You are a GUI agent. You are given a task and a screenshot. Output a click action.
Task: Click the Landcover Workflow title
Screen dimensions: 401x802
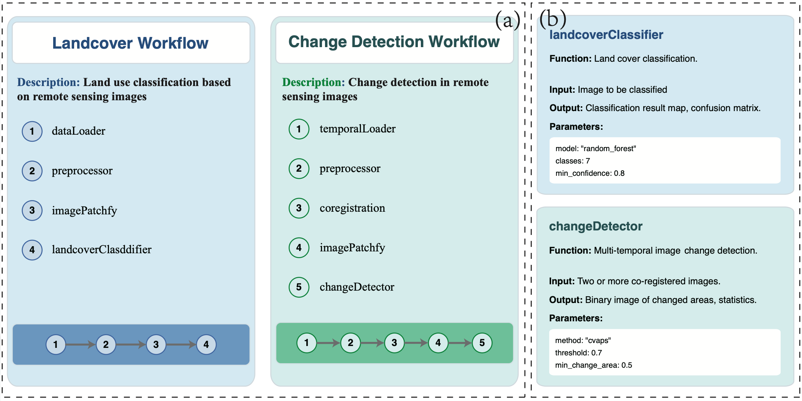point(130,43)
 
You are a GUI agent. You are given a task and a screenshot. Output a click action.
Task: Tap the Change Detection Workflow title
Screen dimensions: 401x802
point(394,42)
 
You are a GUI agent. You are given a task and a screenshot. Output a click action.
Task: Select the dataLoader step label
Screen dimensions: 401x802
point(78,131)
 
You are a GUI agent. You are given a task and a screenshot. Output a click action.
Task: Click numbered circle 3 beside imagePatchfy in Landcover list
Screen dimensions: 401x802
point(32,210)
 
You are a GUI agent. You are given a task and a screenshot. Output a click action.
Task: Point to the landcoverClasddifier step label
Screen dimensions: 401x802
point(101,250)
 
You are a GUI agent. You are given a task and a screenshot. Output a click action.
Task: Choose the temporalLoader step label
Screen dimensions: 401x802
point(357,129)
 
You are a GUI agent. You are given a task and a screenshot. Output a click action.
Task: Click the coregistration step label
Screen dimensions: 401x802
point(352,208)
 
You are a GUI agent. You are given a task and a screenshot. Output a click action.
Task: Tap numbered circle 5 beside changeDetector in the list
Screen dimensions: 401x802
point(299,287)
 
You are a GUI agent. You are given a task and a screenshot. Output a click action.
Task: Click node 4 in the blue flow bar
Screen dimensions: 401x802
point(206,345)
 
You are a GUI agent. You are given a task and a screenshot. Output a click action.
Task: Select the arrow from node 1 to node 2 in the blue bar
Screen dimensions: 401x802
point(80,345)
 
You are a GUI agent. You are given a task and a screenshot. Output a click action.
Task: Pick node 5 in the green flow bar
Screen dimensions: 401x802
point(482,343)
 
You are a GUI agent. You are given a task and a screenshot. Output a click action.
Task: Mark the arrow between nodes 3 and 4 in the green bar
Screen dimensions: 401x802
point(416,343)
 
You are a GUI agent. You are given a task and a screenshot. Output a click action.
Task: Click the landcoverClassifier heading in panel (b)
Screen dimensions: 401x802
point(606,35)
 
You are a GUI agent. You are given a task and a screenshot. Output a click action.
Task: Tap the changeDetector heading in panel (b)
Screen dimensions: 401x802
point(595,226)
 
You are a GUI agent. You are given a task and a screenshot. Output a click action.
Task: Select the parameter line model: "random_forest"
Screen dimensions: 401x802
point(595,149)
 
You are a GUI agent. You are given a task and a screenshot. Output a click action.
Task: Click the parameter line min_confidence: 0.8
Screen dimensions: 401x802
point(590,173)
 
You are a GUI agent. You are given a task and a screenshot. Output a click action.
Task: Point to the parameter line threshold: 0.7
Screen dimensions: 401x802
point(578,353)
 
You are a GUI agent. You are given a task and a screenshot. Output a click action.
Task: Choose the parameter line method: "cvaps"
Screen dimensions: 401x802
point(583,340)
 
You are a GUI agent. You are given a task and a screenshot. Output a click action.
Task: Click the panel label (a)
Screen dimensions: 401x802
point(507,21)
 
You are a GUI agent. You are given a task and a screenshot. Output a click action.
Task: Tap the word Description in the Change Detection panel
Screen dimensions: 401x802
point(313,82)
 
